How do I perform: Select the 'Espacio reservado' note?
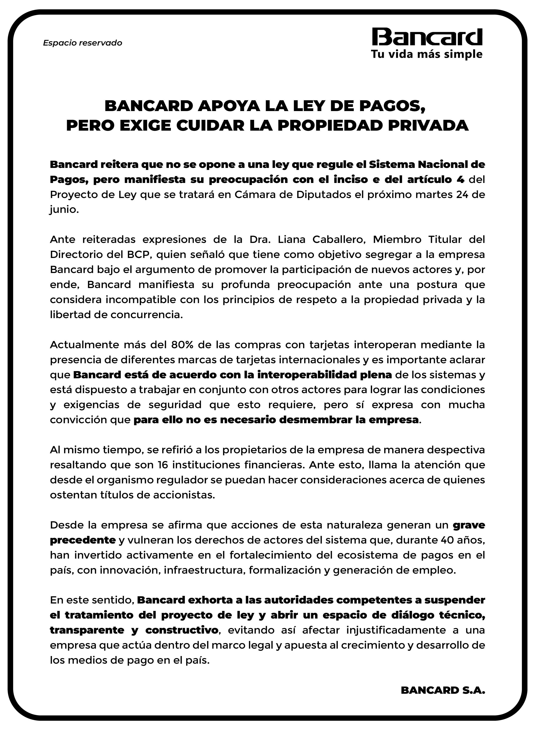83,43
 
